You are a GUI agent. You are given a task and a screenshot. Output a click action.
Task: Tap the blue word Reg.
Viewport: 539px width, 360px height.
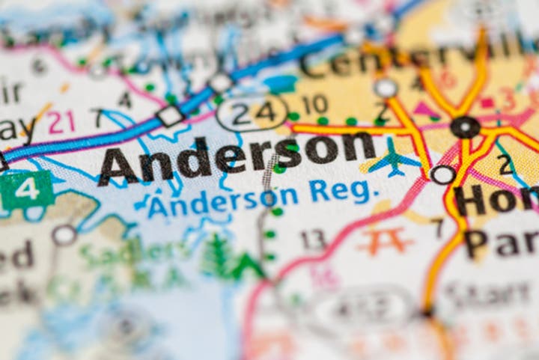(341, 192)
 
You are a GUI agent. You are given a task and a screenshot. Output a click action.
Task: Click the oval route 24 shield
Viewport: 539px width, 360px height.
(252, 112)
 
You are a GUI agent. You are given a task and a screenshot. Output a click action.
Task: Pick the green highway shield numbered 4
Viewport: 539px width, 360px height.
(26, 190)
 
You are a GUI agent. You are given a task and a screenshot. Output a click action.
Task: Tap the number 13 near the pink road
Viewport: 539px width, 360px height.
(313, 240)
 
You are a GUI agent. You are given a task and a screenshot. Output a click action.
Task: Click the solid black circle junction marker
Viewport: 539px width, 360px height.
(465, 126)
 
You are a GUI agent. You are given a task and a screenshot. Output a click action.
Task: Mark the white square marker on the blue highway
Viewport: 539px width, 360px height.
(170, 116)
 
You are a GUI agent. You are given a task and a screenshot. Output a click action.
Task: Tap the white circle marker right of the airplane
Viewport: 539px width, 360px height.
(442, 174)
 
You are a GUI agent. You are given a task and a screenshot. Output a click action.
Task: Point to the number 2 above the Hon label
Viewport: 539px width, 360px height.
(505, 164)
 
